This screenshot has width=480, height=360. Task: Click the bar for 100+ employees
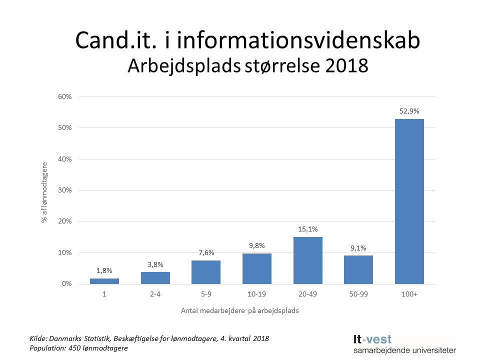[409, 201]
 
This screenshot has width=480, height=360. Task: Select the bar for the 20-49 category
[307, 260]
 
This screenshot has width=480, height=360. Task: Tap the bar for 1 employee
[104, 281]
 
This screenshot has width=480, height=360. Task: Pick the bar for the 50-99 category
[358, 269]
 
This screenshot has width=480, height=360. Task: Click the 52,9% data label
[409, 111]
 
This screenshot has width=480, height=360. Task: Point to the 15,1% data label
[307, 229]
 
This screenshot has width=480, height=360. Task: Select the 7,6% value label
[206, 253]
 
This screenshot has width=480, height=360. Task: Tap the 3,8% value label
[155, 264]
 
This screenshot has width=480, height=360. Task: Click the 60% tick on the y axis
[65, 96]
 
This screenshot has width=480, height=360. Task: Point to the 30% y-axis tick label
[65, 190]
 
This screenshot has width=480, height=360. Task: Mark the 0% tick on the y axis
[67, 284]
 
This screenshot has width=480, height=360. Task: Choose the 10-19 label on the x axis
[256, 294]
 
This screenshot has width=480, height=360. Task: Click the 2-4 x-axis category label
[155, 294]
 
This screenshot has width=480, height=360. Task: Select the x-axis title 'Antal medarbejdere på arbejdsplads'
[240, 311]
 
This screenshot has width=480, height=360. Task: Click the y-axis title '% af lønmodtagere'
[44, 192]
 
